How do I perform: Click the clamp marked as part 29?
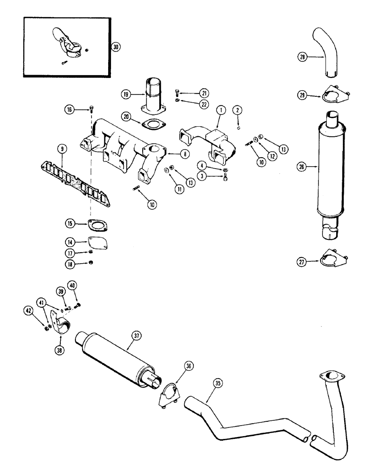click(x=332, y=96)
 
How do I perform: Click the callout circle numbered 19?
click(x=126, y=95)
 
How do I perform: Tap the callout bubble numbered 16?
click(x=70, y=110)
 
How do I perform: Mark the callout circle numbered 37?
click(x=137, y=336)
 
